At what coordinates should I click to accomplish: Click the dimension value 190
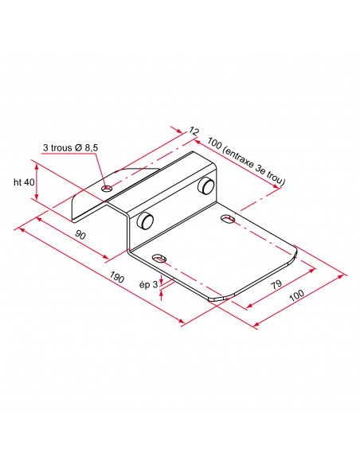pyautogui.click(x=116, y=277)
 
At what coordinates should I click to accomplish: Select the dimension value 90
pyautogui.click(x=80, y=234)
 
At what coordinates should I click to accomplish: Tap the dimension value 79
pyautogui.click(x=276, y=284)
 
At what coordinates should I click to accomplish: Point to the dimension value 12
pyautogui.click(x=194, y=131)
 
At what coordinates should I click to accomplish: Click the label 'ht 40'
pyautogui.click(x=24, y=182)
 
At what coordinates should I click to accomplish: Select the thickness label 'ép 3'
pyautogui.click(x=149, y=285)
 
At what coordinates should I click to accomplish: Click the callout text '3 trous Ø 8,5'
pyautogui.click(x=70, y=147)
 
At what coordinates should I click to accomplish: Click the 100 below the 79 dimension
pyautogui.click(x=296, y=295)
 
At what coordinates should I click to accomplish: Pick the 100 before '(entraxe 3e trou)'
pyautogui.click(x=214, y=143)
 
